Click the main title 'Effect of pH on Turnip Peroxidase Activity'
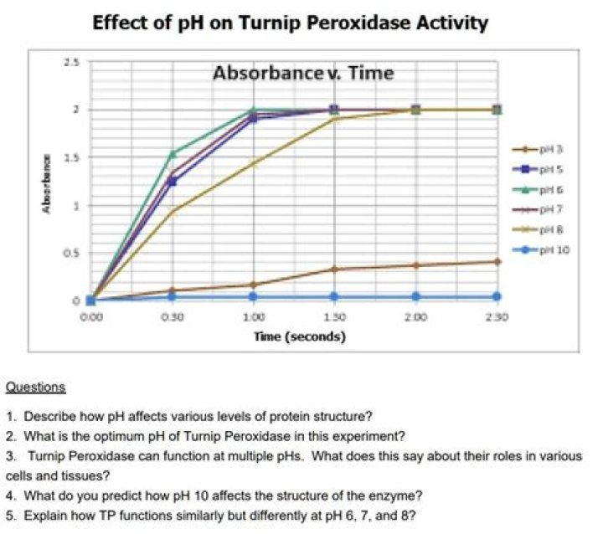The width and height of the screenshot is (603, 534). pos(289,22)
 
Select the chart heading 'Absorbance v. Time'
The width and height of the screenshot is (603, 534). pos(303,73)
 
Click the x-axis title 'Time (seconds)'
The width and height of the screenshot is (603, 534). pos(300,336)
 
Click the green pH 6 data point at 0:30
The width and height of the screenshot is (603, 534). pos(173,153)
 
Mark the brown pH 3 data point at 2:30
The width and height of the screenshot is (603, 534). pos(497,261)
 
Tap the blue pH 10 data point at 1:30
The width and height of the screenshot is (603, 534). pos(334,296)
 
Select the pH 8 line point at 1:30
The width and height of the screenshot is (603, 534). pos(334,119)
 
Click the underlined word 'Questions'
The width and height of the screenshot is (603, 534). pos(35,388)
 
